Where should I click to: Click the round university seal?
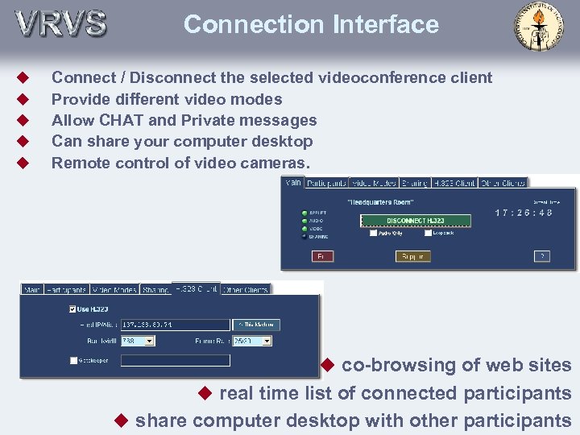539,27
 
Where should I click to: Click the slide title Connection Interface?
311,24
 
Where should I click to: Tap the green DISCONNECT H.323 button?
415,220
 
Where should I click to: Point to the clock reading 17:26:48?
524,213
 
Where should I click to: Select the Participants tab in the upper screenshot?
326,183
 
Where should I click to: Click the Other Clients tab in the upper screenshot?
503,183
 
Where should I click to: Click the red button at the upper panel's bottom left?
321,256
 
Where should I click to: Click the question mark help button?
543,256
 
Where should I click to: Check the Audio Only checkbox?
374,234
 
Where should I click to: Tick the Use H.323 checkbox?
73,309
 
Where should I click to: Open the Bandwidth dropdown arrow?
148,341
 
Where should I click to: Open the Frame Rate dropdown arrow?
267,341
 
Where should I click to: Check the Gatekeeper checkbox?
73,360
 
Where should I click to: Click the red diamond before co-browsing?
328,365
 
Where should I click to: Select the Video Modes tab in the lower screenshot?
114,289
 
